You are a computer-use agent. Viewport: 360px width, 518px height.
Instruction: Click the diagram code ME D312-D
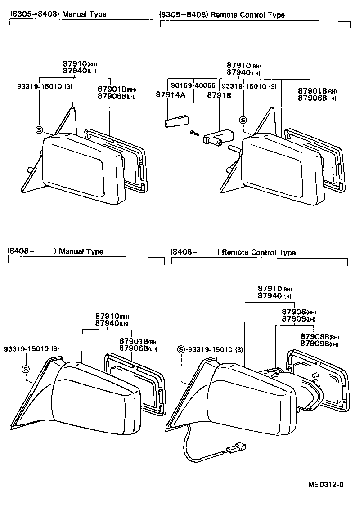[326, 484]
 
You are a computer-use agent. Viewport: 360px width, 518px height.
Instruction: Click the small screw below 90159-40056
[193, 132]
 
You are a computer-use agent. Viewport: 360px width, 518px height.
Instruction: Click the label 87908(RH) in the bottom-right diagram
[299, 312]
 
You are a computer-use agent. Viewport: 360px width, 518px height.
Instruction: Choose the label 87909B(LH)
[318, 344]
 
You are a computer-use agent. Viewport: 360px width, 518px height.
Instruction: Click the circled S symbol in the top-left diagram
[40, 130]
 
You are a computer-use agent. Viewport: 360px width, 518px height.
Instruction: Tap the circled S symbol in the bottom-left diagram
[26, 369]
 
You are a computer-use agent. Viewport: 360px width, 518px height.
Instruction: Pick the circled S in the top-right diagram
[243, 120]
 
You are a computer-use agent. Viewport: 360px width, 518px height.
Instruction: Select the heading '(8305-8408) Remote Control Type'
[222, 15]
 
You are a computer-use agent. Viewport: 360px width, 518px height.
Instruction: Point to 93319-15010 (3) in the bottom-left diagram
[31, 348]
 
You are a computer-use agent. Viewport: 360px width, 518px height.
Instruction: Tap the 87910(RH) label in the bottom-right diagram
[275, 288]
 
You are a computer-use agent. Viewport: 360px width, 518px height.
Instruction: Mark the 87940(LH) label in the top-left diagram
[80, 71]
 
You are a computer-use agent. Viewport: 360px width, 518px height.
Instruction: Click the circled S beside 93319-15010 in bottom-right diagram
[181, 349]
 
